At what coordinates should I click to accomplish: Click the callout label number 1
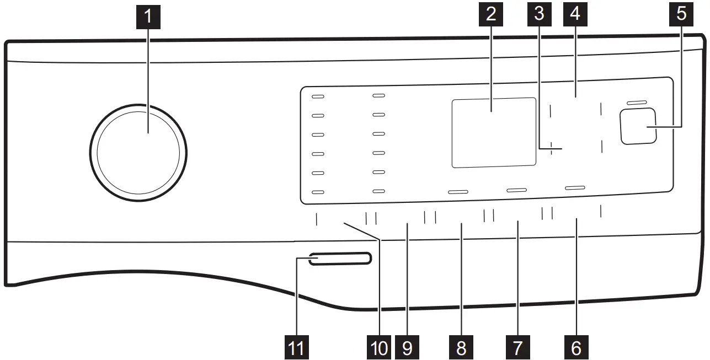[148, 17]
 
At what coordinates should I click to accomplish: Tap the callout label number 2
[490, 14]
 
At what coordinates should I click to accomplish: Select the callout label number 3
[539, 14]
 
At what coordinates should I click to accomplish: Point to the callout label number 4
[575, 14]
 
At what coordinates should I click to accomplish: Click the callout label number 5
[681, 14]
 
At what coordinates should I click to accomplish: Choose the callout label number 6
[576, 347]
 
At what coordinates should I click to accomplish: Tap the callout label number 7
[517, 347]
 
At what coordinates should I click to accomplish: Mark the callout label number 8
[461, 347]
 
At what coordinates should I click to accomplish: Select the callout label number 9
[407, 347]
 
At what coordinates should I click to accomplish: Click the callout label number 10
[379, 347]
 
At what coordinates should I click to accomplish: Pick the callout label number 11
[297, 347]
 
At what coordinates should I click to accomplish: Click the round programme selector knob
[138, 153]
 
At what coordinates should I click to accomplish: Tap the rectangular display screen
[494, 133]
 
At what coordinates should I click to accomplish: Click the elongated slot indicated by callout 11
[340, 259]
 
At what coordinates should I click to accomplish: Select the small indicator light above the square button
[637, 103]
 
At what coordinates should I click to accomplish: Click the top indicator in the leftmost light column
[318, 96]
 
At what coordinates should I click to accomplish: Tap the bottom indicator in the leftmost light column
[318, 192]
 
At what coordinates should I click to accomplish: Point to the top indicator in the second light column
[379, 95]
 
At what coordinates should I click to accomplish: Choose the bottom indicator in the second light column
[379, 191]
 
